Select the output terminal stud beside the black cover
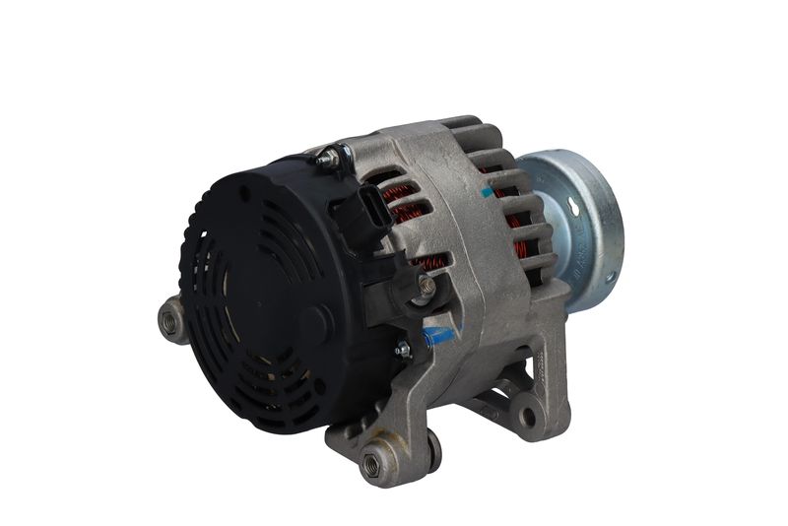426,286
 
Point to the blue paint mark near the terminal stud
436,336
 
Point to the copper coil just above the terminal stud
429,264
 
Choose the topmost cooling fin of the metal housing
460,125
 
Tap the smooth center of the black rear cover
266,296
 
